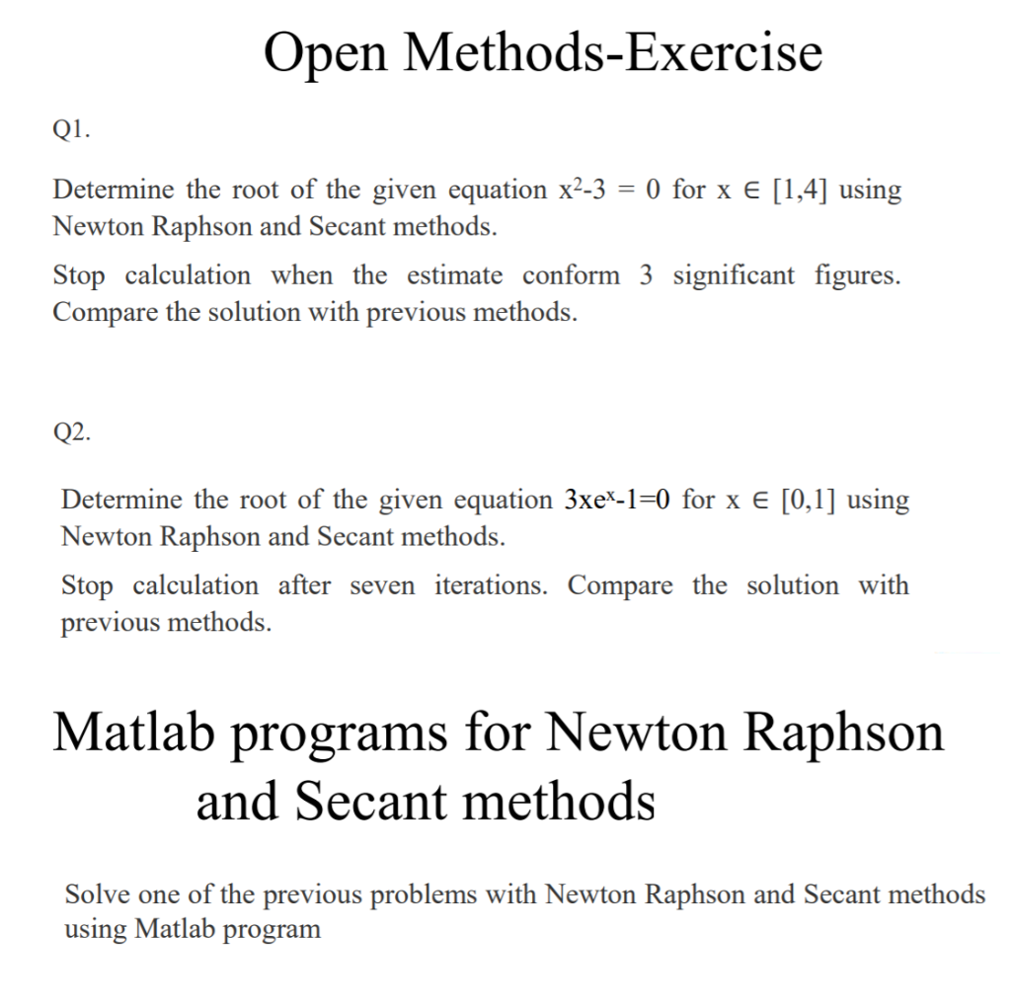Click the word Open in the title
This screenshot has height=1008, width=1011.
325,53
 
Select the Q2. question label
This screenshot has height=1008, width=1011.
71,431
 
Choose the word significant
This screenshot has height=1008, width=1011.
733,275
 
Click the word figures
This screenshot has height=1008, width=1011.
857,275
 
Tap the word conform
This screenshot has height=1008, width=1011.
571,275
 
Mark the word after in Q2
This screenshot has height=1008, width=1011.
303,585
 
